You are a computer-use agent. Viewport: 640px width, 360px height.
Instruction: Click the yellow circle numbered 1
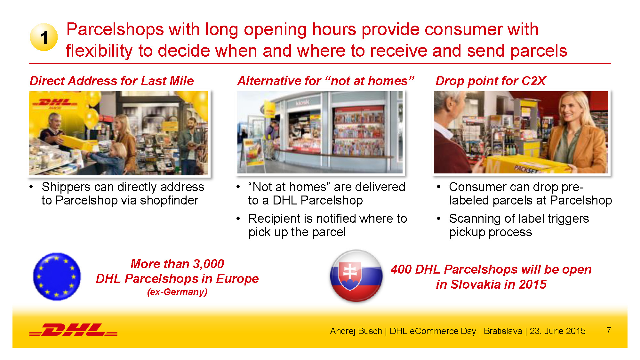(x=44, y=37)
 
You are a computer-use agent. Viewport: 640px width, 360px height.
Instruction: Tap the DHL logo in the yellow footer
(x=73, y=330)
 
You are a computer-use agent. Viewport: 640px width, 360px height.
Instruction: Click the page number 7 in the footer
(x=608, y=331)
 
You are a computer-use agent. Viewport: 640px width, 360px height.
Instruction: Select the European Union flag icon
(x=57, y=276)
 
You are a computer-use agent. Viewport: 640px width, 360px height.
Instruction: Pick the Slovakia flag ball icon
(x=356, y=276)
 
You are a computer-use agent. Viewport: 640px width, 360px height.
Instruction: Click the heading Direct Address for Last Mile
(x=112, y=81)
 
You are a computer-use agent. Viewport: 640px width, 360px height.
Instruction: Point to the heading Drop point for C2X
(x=491, y=81)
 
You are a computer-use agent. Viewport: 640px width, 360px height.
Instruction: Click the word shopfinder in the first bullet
(x=169, y=200)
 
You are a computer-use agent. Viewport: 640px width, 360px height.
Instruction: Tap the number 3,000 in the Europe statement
(x=208, y=264)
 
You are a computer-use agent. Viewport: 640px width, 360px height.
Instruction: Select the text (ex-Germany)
(x=177, y=292)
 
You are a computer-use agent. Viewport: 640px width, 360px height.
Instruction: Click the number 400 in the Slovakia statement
(x=401, y=269)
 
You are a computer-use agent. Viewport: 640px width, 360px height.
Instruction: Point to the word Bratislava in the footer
(x=503, y=331)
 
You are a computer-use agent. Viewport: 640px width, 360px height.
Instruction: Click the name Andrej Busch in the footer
(x=356, y=331)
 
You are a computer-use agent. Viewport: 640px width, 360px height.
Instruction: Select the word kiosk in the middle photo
(x=302, y=102)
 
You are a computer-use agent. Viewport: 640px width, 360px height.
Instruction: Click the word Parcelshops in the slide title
(x=115, y=30)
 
